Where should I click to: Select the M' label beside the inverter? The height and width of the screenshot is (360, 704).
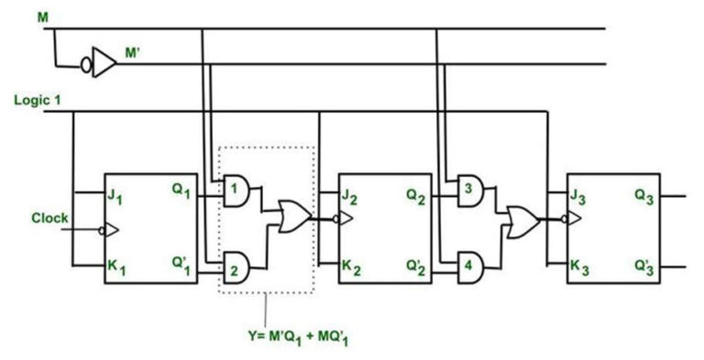click(x=134, y=53)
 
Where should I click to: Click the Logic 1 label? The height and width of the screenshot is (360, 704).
click(x=37, y=100)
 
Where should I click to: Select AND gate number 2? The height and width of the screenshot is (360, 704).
click(x=237, y=267)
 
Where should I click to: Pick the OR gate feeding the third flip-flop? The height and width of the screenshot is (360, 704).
click(x=523, y=220)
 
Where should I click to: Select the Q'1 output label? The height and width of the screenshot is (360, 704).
click(x=181, y=265)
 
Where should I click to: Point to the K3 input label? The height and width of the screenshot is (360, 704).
click(x=580, y=267)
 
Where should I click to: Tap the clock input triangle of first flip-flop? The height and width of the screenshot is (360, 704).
click(x=110, y=229)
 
